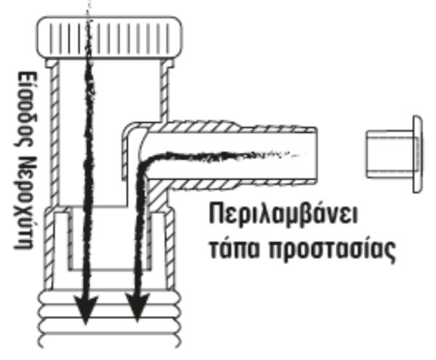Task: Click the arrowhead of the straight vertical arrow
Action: point(86,309)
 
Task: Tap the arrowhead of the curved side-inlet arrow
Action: point(137,308)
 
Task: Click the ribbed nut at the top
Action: point(110,38)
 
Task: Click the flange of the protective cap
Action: point(418,154)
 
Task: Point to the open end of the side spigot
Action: point(315,155)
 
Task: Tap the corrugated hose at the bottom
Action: point(110,319)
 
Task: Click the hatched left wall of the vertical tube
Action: point(54,134)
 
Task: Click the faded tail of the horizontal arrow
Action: point(278,153)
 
